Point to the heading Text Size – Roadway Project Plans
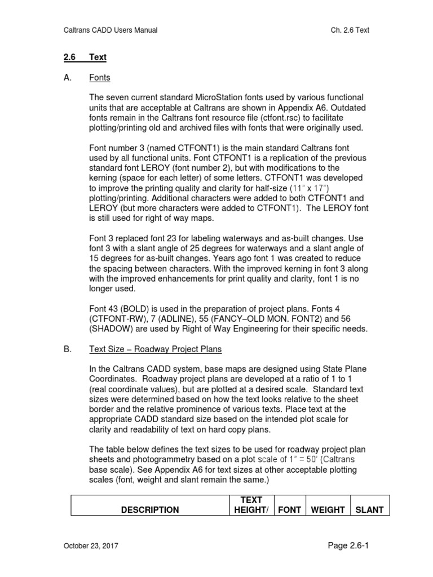(156, 349)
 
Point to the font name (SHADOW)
(114, 329)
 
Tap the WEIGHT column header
(328, 509)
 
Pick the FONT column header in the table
(289, 509)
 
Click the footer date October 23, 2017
(90, 546)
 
